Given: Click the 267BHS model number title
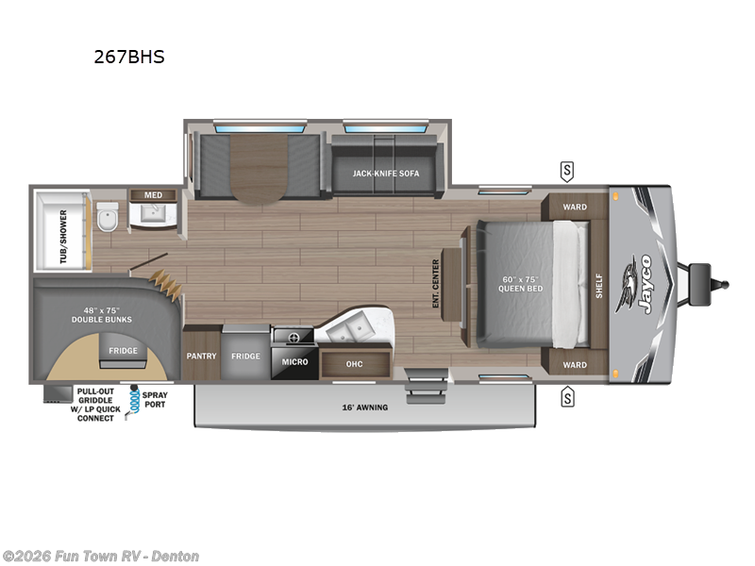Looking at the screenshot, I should pyautogui.click(x=128, y=57).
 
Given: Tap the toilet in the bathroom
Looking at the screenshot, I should pyautogui.click(x=107, y=218).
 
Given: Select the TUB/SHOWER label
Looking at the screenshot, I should pyautogui.click(x=64, y=235).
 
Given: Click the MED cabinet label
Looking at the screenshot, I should pyautogui.click(x=153, y=195).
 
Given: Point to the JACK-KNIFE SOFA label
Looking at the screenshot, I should pyautogui.click(x=386, y=174).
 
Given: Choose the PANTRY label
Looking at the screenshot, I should pyautogui.click(x=201, y=356).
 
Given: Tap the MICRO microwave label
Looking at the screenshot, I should pyautogui.click(x=294, y=361).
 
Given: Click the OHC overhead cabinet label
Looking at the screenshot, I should pyautogui.click(x=355, y=364).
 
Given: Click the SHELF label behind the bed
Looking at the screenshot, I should pyautogui.click(x=598, y=286).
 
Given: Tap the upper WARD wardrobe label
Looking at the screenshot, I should pyautogui.click(x=575, y=207).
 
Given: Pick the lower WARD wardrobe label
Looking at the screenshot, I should pyautogui.click(x=575, y=364).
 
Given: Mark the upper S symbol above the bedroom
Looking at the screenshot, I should pyautogui.click(x=567, y=171).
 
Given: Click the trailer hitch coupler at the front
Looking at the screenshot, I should pyautogui.click(x=713, y=281).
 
